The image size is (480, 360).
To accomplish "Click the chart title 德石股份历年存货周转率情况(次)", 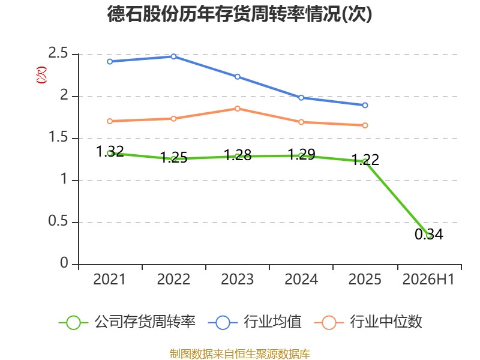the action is [x=239, y=14].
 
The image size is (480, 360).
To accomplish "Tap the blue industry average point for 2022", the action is [x=173, y=56].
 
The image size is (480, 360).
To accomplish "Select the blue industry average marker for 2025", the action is [x=365, y=106].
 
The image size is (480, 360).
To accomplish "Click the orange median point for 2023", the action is [x=238, y=109].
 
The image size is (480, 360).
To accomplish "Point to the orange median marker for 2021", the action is [x=110, y=121].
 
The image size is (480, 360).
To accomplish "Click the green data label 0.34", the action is [x=429, y=235].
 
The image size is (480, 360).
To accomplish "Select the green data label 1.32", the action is [x=110, y=152].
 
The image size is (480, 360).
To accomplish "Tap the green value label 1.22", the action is [x=365, y=160].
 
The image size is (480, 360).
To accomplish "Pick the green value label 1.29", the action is [x=301, y=154].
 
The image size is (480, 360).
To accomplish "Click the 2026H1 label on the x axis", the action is [x=428, y=280].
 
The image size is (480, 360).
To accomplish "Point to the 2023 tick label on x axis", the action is [x=237, y=280].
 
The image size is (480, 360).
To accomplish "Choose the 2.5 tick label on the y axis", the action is [x=58, y=53].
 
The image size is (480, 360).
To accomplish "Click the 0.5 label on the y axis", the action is [x=58, y=221].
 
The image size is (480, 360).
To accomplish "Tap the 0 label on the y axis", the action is [x=64, y=263].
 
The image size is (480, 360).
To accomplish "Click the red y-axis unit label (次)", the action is [x=41, y=75].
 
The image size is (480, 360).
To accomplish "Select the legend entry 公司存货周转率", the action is [x=127, y=322].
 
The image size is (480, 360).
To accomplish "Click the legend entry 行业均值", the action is [x=254, y=322].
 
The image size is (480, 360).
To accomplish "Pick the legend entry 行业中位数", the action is [x=368, y=322].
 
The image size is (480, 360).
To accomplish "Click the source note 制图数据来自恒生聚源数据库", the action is [x=240, y=354].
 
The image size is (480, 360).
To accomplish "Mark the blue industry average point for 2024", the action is [x=301, y=98].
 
